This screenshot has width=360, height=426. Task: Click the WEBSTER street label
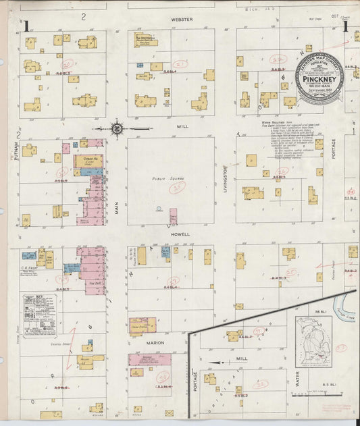tap(182, 20)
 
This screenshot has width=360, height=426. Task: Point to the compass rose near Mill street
tap(116, 128)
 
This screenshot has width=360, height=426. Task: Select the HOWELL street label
tap(182, 234)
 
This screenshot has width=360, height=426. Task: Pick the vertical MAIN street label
tap(116, 201)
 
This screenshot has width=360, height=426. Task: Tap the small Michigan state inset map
tap(314, 342)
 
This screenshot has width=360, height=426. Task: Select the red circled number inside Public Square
tap(178, 186)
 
